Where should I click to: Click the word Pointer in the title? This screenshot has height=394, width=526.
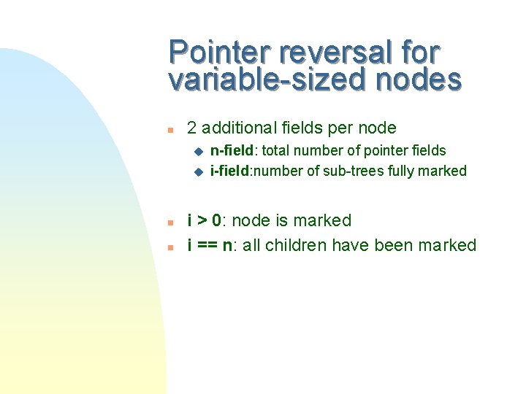click(x=218, y=53)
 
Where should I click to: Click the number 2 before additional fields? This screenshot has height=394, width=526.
click(x=192, y=128)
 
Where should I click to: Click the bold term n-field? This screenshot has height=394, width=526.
click(x=233, y=151)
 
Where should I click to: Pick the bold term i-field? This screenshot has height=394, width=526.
click(x=232, y=171)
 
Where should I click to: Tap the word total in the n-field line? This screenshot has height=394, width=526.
click(x=276, y=151)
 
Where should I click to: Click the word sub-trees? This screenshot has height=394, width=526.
click(x=351, y=171)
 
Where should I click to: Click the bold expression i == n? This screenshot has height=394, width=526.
click(x=211, y=246)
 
